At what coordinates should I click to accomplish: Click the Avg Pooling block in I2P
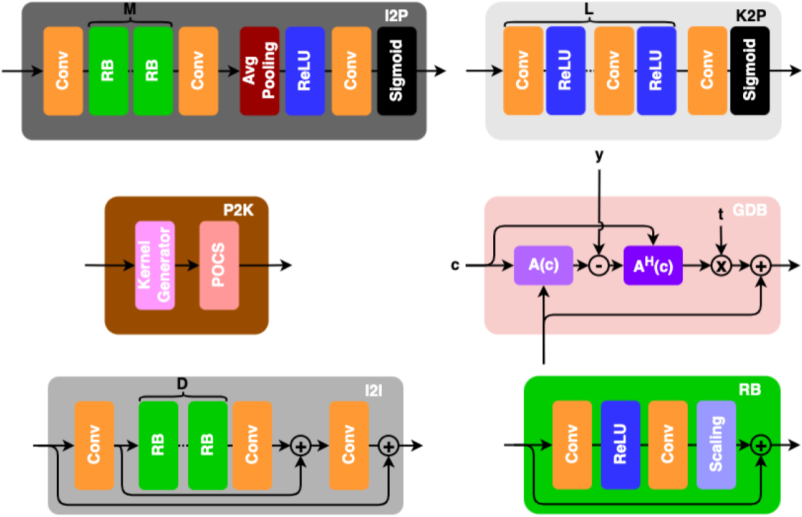click(260, 71)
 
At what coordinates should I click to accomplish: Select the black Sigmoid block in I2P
click(397, 71)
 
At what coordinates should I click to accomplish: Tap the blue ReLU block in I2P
click(305, 71)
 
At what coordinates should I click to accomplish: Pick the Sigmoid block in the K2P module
click(749, 71)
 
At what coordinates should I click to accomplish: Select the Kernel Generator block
click(155, 265)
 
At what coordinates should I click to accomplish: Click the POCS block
click(219, 265)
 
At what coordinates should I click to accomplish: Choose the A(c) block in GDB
click(543, 266)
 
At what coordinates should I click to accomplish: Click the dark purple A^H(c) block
click(653, 266)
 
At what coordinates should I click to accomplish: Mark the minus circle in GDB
click(598, 266)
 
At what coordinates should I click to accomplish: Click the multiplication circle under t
click(721, 266)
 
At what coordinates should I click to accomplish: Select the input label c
click(455, 266)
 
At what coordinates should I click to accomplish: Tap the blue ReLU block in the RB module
click(620, 445)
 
